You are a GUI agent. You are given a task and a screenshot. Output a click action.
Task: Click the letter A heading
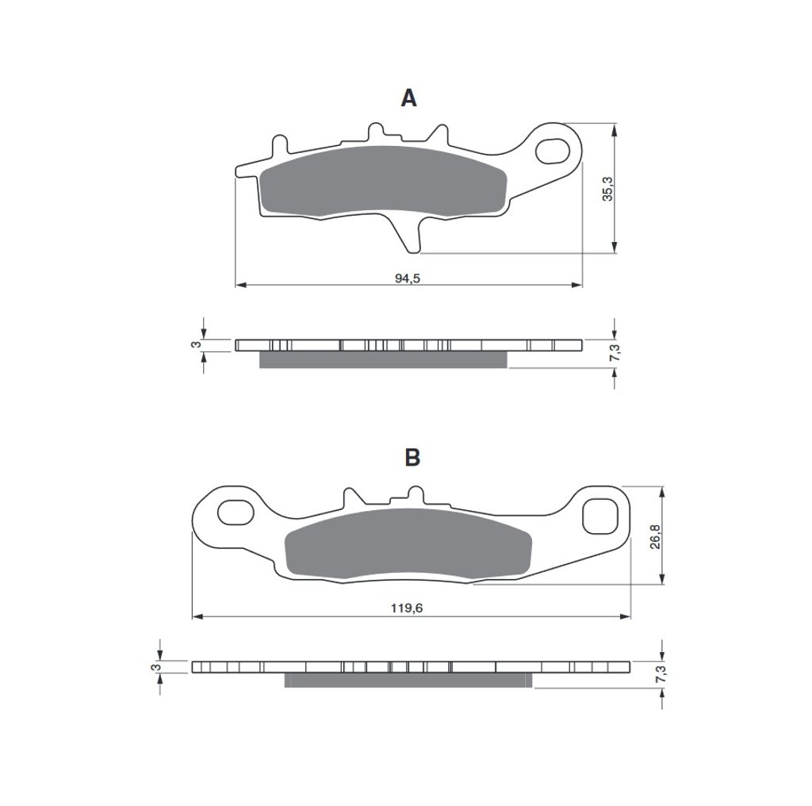coord(408,98)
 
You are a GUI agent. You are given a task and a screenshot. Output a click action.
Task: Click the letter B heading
coord(412,458)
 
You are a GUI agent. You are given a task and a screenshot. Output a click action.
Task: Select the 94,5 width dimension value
coord(408,278)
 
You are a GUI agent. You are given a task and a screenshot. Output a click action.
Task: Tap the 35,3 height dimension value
coord(607,189)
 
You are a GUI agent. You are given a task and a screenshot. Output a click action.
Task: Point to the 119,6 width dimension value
coord(407,608)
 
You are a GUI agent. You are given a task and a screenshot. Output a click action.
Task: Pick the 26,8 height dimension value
coord(655,536)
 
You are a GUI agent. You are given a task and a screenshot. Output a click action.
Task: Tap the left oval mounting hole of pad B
coord(236,512)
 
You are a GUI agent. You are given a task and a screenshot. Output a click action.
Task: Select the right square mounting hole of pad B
coord(600,516)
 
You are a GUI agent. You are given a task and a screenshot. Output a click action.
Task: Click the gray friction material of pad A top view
coord(384,181)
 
